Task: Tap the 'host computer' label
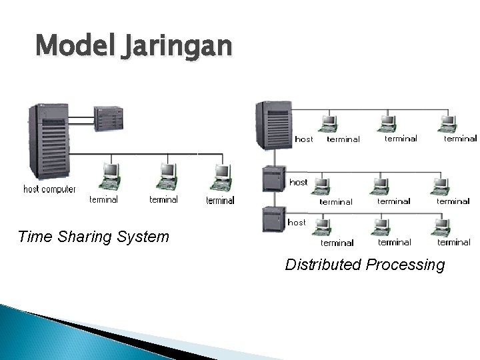tap(49, 189)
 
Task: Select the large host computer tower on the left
tap(47, 143)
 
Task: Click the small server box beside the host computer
tap(109, 119)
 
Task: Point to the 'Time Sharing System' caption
tap(93, 237)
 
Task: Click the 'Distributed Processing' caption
tap(365, 265)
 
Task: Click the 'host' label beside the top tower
tap(303, 139)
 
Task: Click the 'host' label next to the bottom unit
tap(297, 222)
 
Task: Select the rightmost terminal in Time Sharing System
tap(221, 176)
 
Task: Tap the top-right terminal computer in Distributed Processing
tap(448, 123)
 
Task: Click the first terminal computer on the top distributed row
tap(328, 123)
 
